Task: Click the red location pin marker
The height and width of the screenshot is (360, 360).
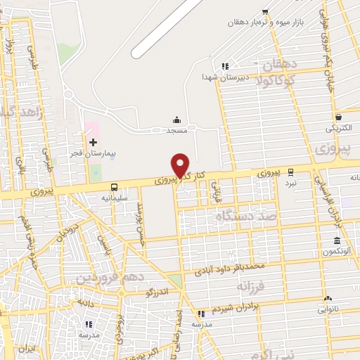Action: click(x=181, y=165)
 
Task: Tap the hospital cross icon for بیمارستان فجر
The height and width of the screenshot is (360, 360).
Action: click(x=93, y=143)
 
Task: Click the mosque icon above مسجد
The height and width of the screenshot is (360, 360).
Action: click(x=176, y=120)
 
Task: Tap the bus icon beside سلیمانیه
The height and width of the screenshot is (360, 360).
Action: click(x=114, y=187)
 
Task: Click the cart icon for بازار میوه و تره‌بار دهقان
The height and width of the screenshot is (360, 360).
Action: click(x=265, y=12)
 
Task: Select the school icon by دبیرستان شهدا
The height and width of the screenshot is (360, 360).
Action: click(x=225, y=66)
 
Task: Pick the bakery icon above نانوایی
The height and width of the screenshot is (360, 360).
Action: click(x=328, y=299)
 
